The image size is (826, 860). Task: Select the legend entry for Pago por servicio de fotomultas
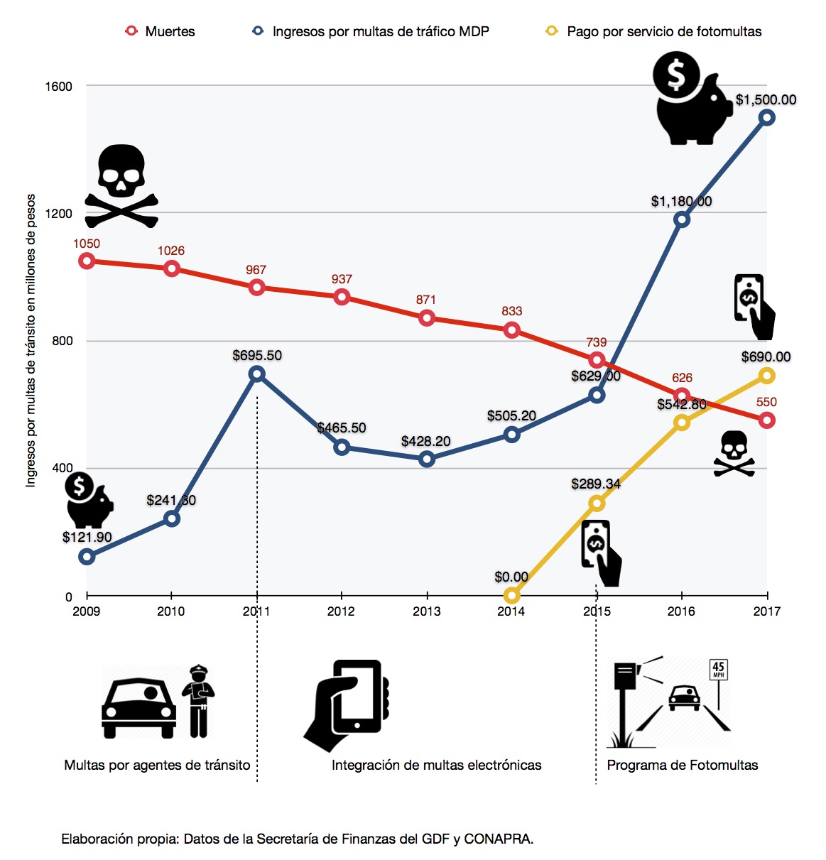click(653, 31)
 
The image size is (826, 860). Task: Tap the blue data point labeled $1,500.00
click(766, 118)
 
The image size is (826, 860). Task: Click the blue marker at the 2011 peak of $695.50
click(257, 374)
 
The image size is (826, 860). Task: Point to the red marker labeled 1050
click(87, 261)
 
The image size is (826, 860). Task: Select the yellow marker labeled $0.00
click(511, 595)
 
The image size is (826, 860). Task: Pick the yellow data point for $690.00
click(766, 376)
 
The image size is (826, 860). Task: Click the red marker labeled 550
click(766, 420)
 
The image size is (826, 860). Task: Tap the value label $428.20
click(426, 441)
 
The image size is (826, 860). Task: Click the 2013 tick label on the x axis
click(426, 611)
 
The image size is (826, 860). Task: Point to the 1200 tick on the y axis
click(60, 214)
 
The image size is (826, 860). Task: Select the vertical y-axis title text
click(31, 340)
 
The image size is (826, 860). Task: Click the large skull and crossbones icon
click(121, 186)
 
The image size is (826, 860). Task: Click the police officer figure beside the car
click(198, 701)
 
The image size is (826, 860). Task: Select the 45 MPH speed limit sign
click(718, 669)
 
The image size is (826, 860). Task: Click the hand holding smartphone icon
click(347, 704)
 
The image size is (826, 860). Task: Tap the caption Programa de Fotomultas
click(682, 765)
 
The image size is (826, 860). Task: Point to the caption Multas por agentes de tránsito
click(157, 765)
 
